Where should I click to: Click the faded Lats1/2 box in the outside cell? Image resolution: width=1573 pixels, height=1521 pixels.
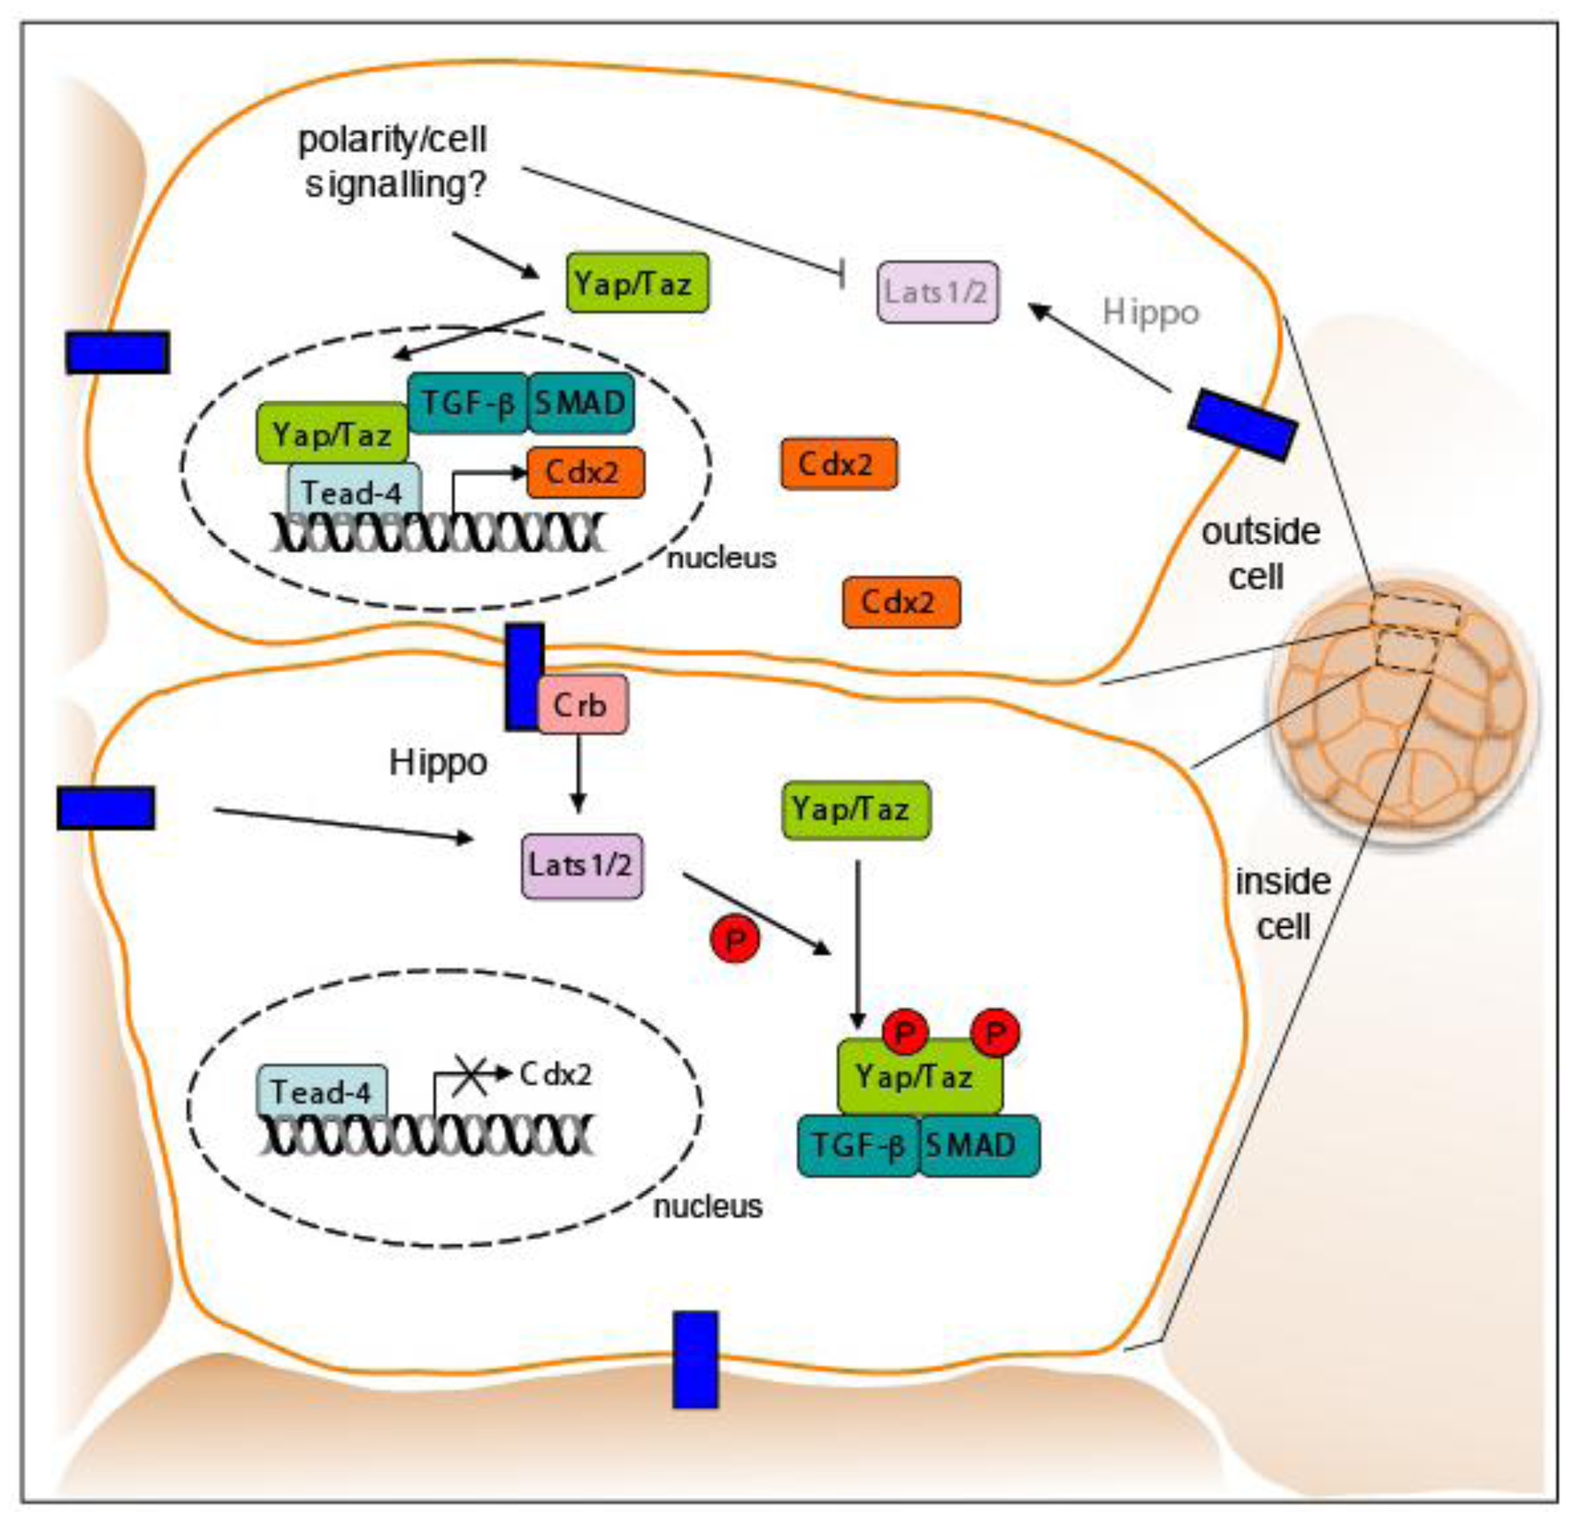(x=937, y=292)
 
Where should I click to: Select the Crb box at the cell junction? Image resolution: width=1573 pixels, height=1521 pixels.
(x=581, y=704)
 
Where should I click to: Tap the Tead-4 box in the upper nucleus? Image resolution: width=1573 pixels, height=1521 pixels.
(x=354, y=492)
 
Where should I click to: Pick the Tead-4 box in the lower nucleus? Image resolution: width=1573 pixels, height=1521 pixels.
(x=322, y=1091)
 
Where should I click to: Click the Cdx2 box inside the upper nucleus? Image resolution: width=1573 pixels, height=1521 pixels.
(x=585, y=472)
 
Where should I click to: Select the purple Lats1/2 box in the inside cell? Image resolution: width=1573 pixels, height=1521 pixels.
(x=582, y=865)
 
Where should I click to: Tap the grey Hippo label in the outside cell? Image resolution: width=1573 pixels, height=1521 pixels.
(x=1150, y=312)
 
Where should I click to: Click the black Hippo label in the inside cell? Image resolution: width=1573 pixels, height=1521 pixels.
(x=438, y=762)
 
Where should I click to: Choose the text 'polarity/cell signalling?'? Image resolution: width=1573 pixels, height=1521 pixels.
(x=393, y=162)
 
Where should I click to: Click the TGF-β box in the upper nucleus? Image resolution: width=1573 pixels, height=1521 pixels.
(x=468, y=403)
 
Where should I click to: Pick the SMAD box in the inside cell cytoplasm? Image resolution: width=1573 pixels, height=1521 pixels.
(x=978, y=1146)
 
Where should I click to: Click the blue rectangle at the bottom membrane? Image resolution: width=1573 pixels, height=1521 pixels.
(x=695, y=1360)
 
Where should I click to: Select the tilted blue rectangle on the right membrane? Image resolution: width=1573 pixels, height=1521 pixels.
(x=1241, y=425)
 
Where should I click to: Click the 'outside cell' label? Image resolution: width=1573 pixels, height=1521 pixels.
(x=1259, y=553)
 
